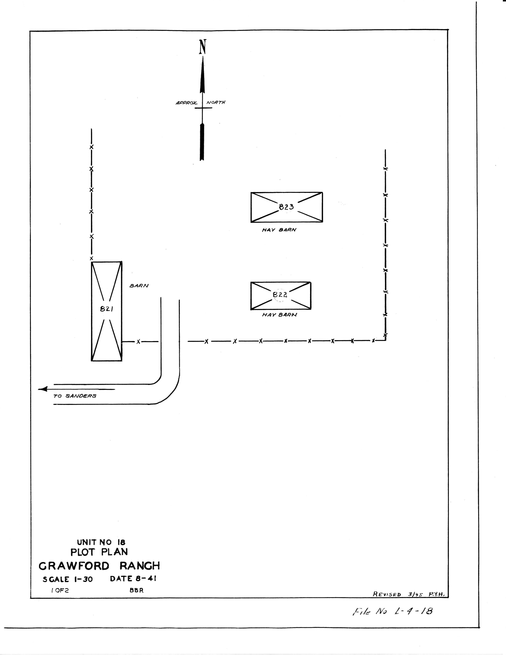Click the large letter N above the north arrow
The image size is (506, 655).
(x=203, y=47)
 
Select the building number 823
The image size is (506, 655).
(x=286, y=207)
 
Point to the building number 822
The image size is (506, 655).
(x=280, y=295)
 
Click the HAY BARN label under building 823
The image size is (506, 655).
(x=279, y=230)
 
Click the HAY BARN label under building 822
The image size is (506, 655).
(x=279, y=315)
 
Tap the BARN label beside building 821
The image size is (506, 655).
(x=139, y=286)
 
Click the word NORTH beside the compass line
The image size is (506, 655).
(x=216, y=102)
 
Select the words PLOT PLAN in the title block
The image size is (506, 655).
(x=99, y=552)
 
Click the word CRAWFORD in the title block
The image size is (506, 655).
(x=74, y=566)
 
